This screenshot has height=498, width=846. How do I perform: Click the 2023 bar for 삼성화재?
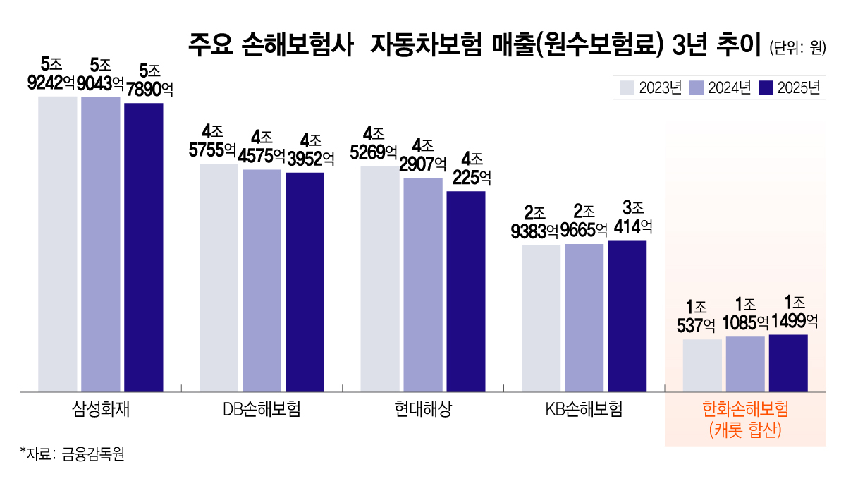tap(58, 243)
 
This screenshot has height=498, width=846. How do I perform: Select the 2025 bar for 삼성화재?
tap(144, 247)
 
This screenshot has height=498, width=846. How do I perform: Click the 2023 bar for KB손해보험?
tap(541, 318)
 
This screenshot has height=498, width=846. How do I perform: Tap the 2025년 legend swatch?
tap(766, 87)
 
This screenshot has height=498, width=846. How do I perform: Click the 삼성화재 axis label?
tap(101, 409)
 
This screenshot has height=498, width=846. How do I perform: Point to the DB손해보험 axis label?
tap(262, 409)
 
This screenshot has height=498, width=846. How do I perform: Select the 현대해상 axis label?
tap(423, 409)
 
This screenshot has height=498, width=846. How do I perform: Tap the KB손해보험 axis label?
tap(584, 409)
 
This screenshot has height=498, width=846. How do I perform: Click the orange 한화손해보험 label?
tap(745, 409)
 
